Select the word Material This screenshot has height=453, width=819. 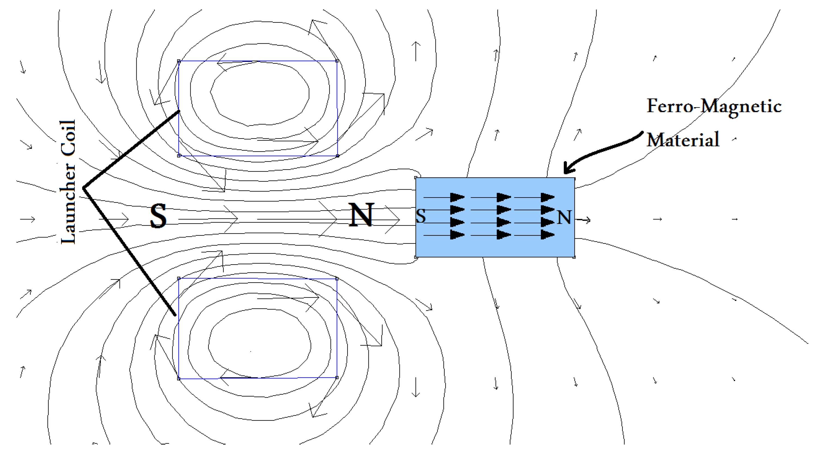[x=683, y=140]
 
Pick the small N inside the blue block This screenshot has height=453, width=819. [x=564, y=218]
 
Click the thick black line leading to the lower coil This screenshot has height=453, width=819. [x=129, y=251]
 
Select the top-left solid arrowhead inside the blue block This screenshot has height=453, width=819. [x=457, y=197]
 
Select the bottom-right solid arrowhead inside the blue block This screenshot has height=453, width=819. [x=547, y=235]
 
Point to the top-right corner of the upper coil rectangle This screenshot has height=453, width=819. [x=337, y=61]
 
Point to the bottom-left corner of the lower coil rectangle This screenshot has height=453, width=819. [x=179, y=378]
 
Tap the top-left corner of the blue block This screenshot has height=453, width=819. [x=416, y=178]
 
